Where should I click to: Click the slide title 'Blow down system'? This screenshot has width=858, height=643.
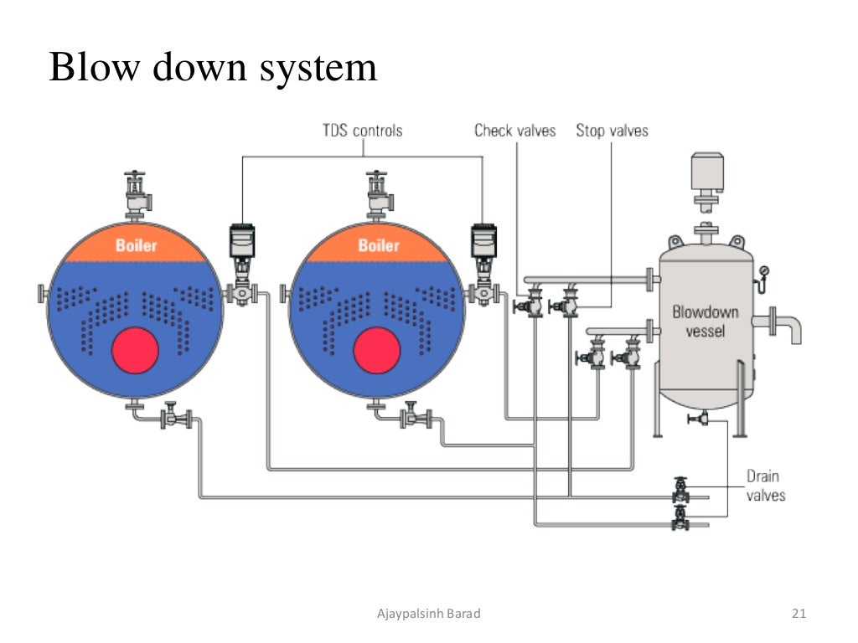click(213, 67)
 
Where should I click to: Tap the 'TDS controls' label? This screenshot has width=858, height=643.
click(362, 131)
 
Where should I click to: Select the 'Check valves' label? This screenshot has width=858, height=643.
click(514, 131)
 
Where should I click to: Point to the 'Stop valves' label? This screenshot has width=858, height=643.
click(612, 131)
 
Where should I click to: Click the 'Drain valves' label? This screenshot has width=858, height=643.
click(766, 486)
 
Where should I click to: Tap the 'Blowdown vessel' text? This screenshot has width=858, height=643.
click(706, 321)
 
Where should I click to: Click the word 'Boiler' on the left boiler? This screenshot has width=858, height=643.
click(136, 245)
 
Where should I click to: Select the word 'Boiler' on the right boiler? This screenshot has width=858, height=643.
click(379, 245)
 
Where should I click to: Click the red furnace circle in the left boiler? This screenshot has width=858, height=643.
click(136, 350)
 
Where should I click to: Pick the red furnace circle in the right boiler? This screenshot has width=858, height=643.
click(378, 350)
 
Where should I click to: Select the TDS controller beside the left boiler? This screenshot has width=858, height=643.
click(242, 243)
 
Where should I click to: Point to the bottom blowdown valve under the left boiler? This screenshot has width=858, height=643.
click(173, 416)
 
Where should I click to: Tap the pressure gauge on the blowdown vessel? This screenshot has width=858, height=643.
click(763, 271)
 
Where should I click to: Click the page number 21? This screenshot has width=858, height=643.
click(799, 615)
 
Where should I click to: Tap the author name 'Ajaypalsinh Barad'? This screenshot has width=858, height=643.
click(428, 615)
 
